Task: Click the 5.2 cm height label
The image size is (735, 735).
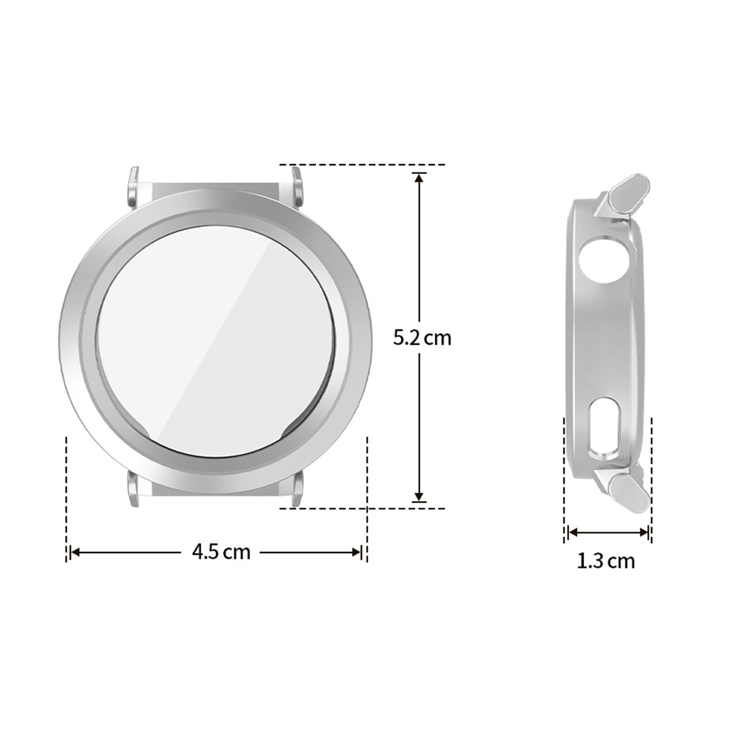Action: point(422,337)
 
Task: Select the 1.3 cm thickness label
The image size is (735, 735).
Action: point(606,560)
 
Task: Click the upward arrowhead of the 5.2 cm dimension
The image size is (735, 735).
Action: point(419,177)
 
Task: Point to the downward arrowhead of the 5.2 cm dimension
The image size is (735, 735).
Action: point(419,497)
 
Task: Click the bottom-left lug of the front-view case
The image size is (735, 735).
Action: point(134,488)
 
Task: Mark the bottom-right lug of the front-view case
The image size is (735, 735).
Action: point(297,490)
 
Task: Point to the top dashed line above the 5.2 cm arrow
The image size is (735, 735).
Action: point(361,165)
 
